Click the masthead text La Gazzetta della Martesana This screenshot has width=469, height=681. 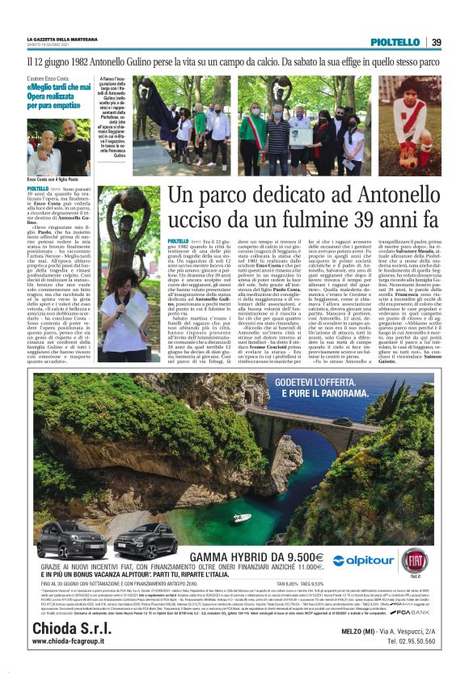(x=61, y=39)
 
